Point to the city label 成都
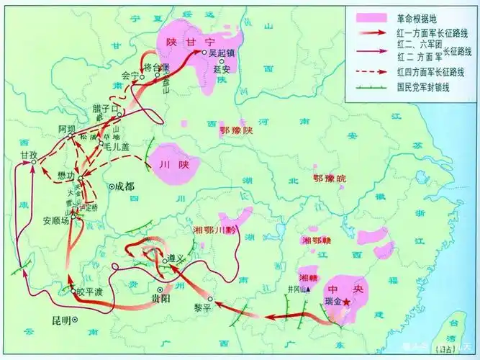[123, 186]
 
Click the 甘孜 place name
[30, 155]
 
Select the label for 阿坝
[66, 129]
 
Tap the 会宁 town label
[130, 74]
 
